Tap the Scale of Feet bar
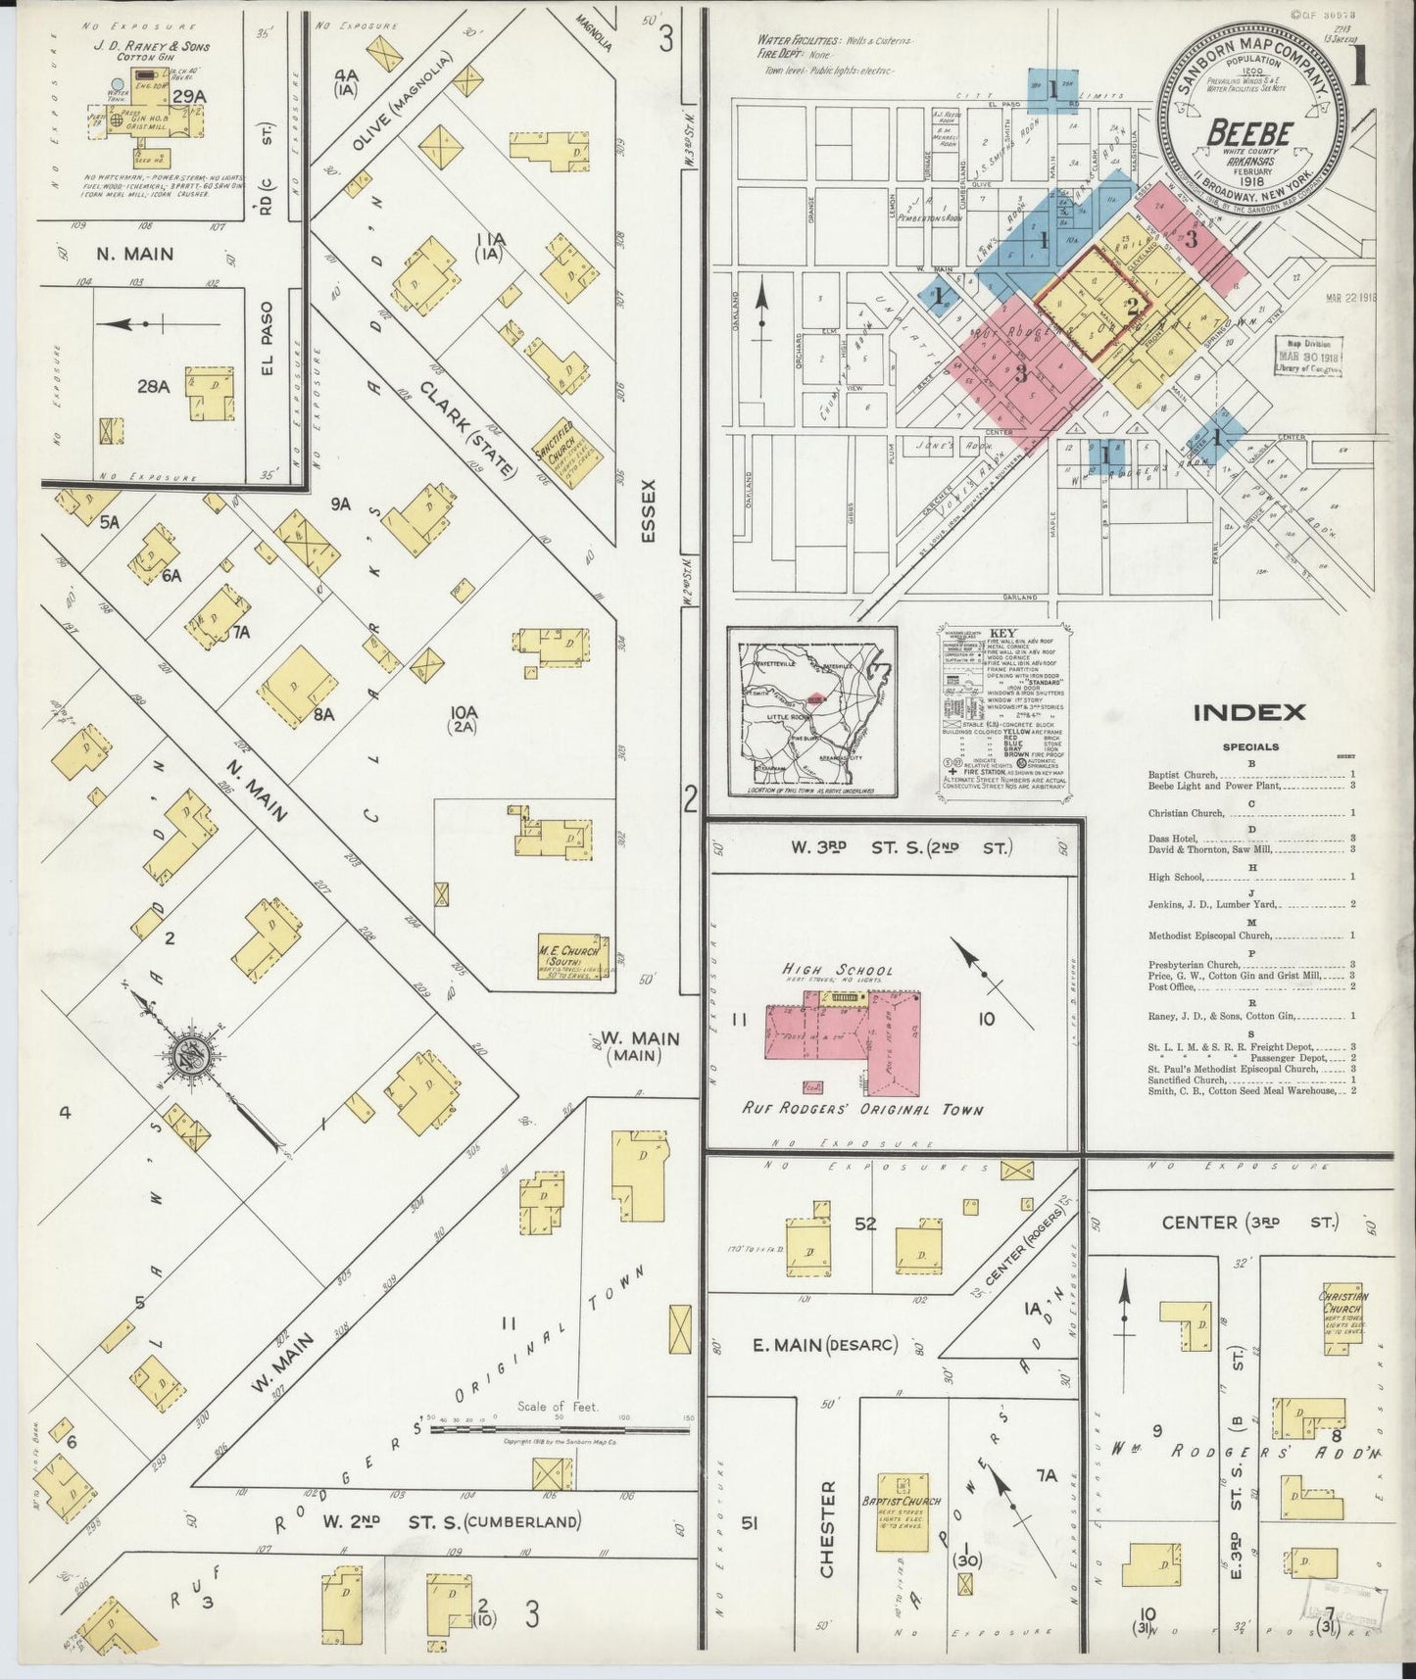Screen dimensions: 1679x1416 click(559, 1429)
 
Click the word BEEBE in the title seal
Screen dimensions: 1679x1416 click(1250, 132)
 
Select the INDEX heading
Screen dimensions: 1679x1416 click(1248, 712)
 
